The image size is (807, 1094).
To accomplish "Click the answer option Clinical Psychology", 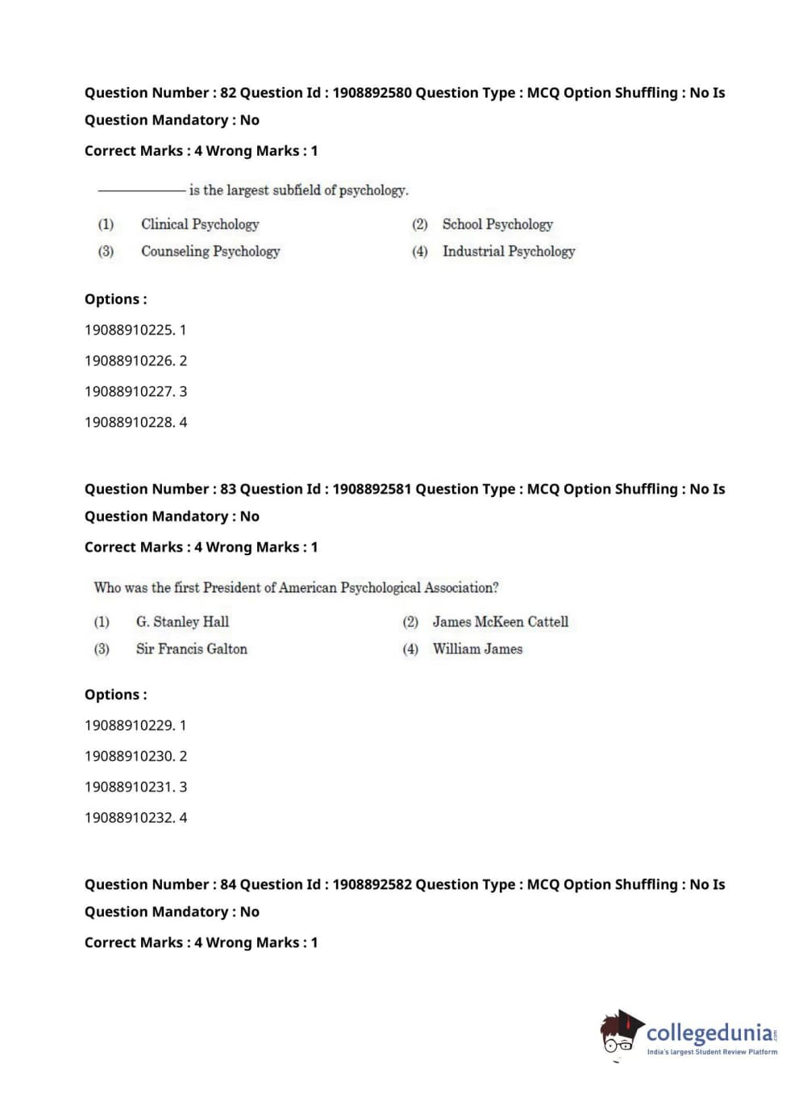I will (200, 224).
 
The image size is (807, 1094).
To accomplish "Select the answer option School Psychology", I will (497, 224).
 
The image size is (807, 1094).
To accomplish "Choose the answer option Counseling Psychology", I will (210, 252).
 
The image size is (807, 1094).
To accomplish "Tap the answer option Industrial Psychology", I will (509, 252).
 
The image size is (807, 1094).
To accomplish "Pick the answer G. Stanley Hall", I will (182, 622).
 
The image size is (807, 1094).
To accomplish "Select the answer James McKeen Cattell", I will (500, 622).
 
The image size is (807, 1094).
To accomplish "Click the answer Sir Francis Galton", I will (191, 649).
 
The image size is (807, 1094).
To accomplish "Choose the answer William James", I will (477, 649).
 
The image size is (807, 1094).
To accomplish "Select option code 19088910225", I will (129, 330).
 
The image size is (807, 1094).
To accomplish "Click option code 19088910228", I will (129, 422).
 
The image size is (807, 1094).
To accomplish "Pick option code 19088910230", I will (129, 756).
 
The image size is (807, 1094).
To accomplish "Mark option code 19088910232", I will (129, 817).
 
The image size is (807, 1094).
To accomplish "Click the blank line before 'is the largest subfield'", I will (141, 191).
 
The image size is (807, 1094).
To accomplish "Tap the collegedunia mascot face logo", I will (620, 1033).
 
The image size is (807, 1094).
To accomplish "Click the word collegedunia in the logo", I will (709, 1033).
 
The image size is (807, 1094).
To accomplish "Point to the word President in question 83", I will (232, 588).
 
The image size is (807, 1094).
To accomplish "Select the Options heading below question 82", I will (115, 299).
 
